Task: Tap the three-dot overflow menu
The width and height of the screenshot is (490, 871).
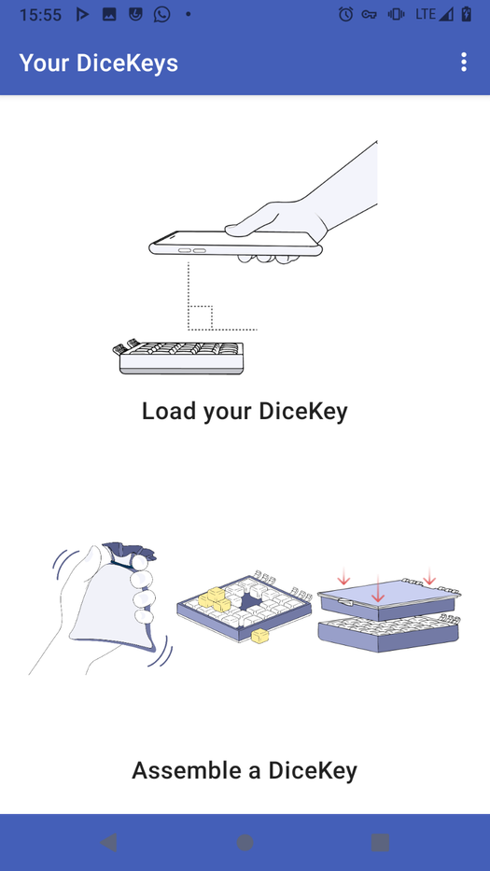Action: coord(464,63)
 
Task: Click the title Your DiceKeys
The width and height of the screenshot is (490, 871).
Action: coord(99,63)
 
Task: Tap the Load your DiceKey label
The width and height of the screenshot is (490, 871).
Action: coord(245,412)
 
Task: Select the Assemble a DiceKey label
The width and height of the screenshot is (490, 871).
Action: coord(245,770)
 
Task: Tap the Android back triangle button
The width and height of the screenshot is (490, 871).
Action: coord(108,843)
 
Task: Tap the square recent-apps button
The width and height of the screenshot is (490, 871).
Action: coord(381,843)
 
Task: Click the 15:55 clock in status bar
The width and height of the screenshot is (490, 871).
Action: coord(40,14)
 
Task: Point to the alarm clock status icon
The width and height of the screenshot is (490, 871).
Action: coord(345,14)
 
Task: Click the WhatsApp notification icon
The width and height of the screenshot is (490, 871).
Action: coord(162,14)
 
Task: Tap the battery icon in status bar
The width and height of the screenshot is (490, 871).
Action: coord(466,14)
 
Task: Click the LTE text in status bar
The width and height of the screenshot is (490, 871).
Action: coord(426,14)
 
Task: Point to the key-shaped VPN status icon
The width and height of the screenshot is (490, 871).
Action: coord(369,15)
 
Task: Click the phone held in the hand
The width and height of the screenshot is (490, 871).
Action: coord(235,244)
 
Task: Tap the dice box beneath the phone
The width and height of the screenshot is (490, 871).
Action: coord(181,357)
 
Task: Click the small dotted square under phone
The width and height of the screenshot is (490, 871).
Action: coord(200,317)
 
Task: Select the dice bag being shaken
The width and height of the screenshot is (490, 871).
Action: coord(114,597)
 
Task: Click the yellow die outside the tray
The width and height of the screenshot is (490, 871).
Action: coord(259,636)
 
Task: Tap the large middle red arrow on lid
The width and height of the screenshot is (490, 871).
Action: coord(378,589)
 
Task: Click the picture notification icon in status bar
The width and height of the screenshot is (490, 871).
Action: coord(109,14)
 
